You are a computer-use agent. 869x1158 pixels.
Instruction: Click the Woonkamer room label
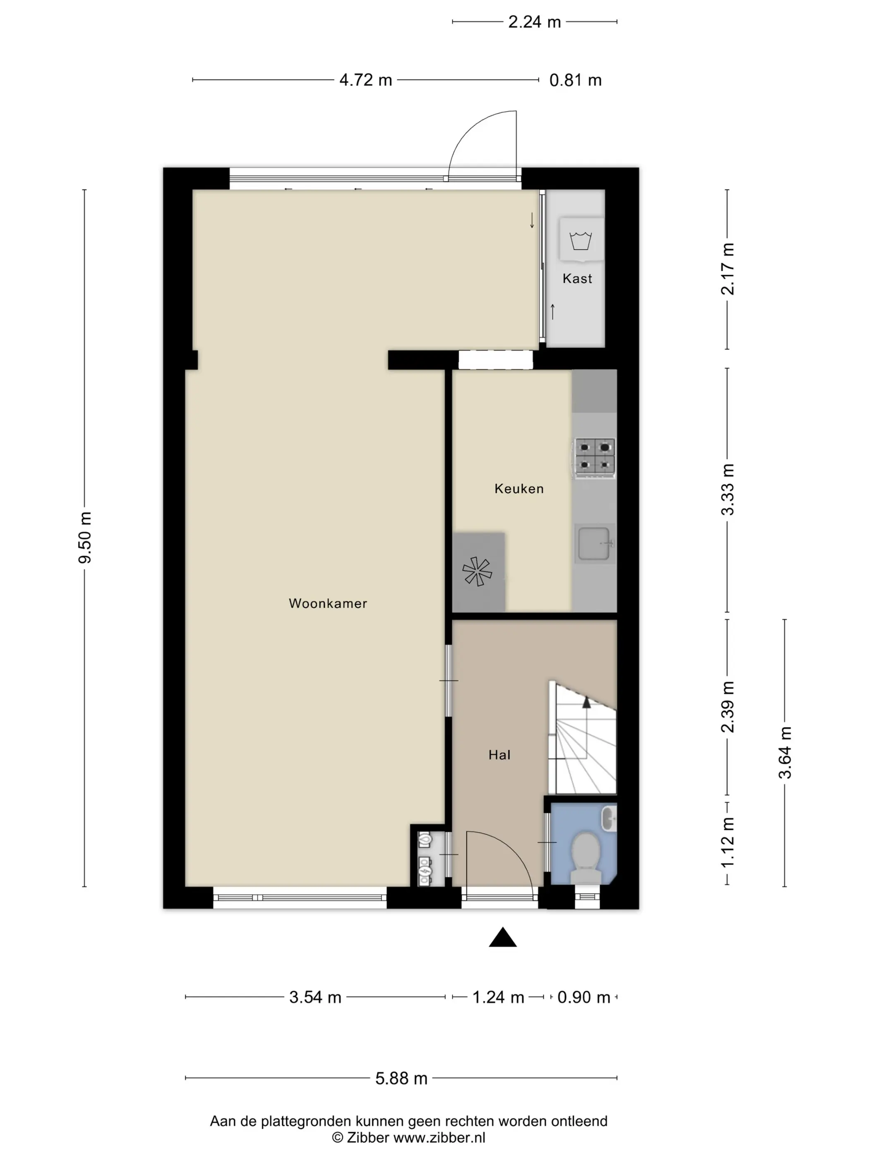tap(328, 603)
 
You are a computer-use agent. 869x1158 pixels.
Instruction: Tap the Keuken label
tap(519, 489)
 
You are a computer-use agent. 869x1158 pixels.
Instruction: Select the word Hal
tap(499, 755)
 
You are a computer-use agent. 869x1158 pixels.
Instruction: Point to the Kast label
tap(577, 278)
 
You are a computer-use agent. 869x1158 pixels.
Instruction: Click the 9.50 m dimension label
tap(85, 538)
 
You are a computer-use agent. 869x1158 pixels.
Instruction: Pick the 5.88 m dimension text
tap(401, 1079)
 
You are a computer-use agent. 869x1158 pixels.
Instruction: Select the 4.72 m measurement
tap(366, 80)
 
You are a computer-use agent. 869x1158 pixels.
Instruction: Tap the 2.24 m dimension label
tap(534, 22)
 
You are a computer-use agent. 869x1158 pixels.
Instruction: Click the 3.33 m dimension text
tap(727, 490)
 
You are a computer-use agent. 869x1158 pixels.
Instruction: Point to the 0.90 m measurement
tap(583, 997)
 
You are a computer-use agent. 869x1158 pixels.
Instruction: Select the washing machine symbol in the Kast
tap(581, 240)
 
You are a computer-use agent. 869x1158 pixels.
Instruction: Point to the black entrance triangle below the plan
tap(503, 937)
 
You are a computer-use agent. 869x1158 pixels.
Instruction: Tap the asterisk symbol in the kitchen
tap(477, 571)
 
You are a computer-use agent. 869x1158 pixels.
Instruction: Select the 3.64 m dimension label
tap(785, 753)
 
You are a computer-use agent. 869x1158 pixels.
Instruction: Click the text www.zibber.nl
tap(439, 1138)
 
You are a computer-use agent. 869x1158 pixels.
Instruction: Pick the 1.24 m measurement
tap(498, 997)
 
